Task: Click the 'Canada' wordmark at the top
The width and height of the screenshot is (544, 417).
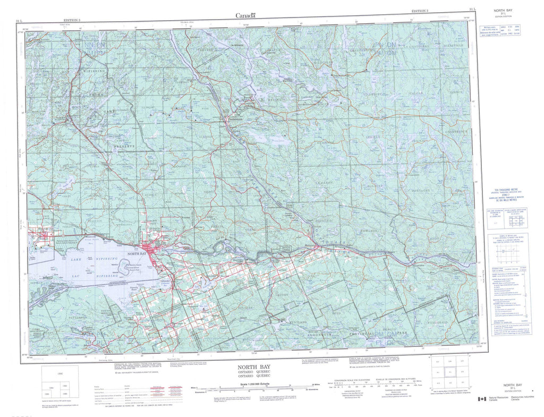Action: click(246, 15)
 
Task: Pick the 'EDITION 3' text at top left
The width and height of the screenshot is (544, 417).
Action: click(71, 20)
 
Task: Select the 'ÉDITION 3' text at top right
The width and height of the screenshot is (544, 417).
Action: click(423, 10)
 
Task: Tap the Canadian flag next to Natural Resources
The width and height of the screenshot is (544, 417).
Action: click(481, 399)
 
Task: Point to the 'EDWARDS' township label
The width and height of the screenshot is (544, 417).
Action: click(368, 231)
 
